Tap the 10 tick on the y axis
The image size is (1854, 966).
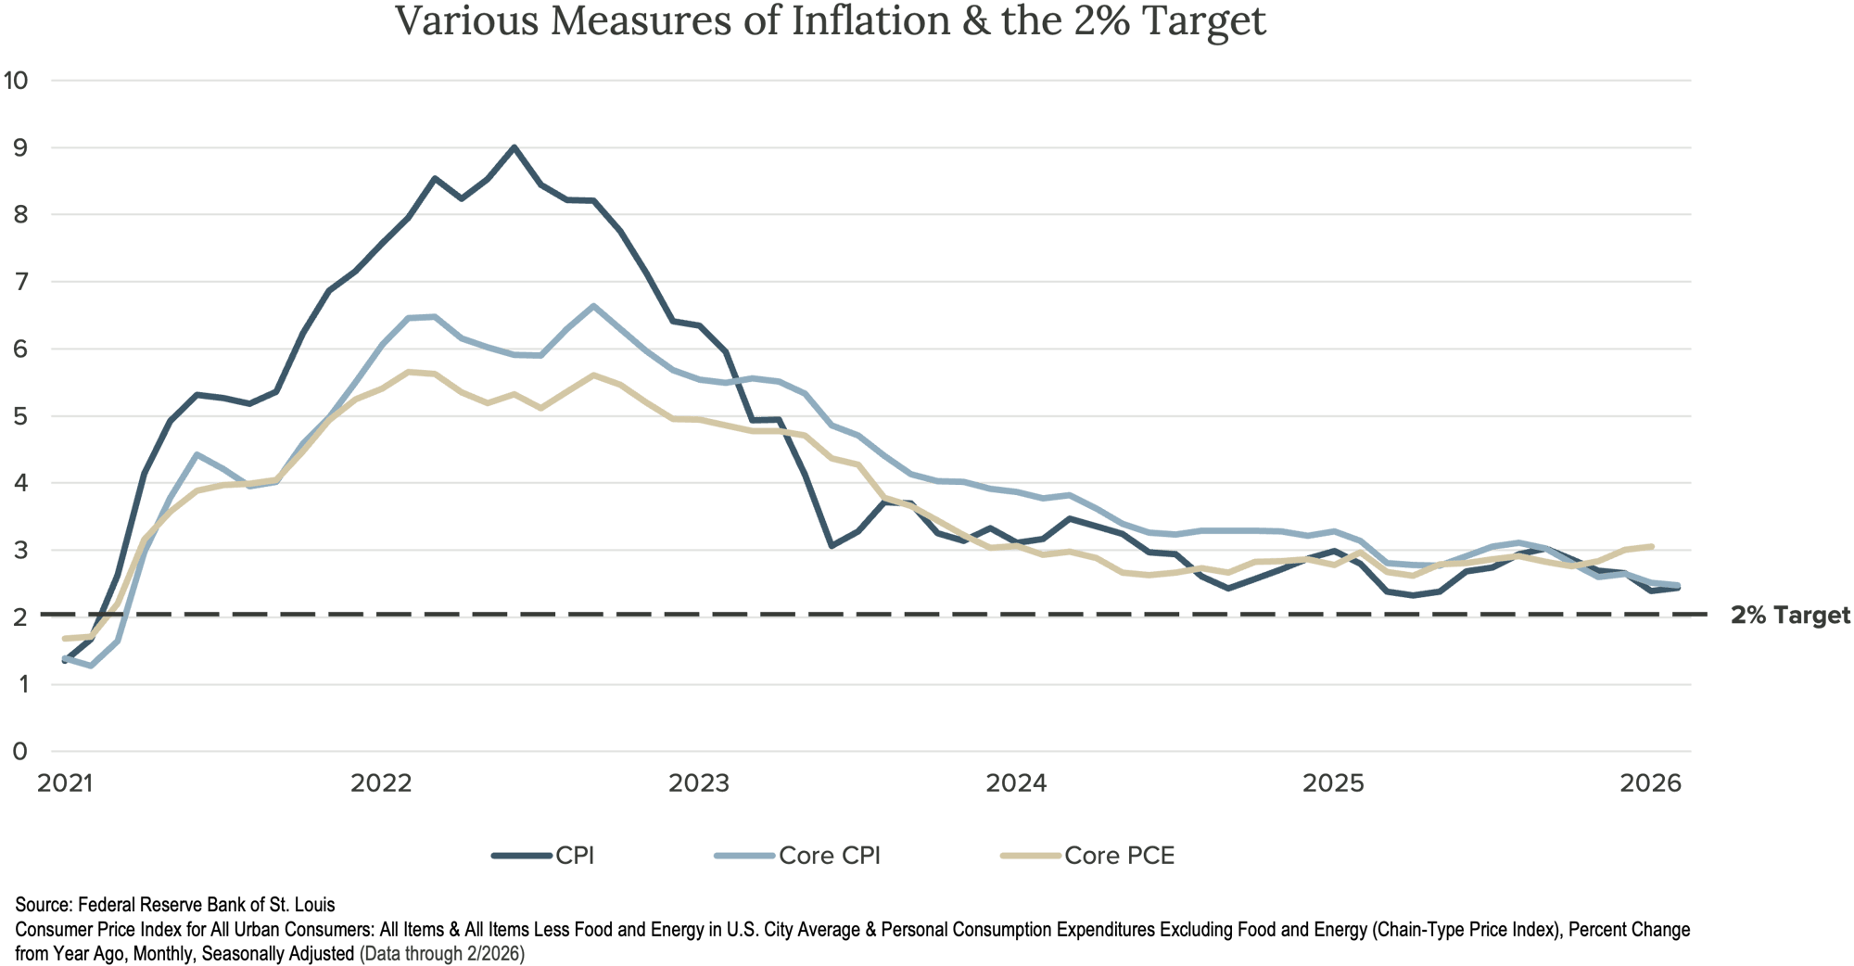16,80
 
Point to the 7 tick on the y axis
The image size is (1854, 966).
19,282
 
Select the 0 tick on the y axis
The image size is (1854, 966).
19,751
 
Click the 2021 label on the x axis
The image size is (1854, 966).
65,783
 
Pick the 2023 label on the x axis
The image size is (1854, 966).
699,783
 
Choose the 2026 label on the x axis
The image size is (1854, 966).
1650,783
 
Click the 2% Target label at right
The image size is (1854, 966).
1789,616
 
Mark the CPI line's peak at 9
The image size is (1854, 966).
514,146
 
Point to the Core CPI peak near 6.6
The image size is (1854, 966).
593,305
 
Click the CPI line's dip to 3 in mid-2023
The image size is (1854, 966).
832,547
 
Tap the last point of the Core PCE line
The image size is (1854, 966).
1653,545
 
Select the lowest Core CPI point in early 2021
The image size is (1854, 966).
91,666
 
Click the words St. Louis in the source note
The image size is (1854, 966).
302,904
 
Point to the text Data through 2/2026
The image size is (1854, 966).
441,953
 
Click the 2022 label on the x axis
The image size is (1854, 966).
381,783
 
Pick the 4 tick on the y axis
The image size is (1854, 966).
19,483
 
